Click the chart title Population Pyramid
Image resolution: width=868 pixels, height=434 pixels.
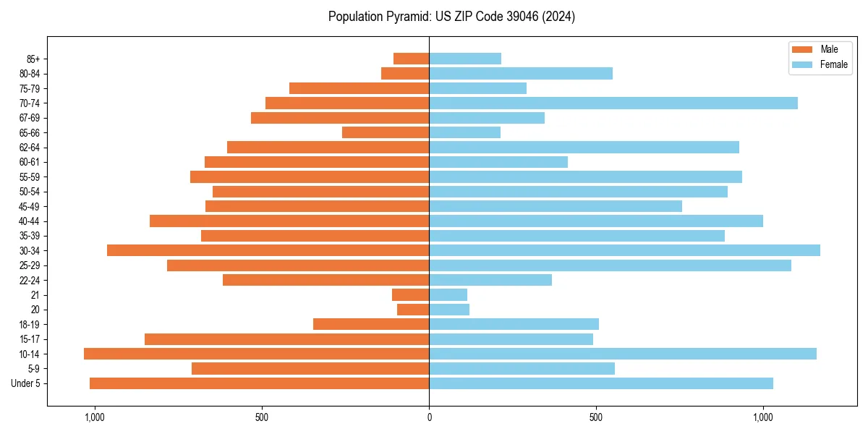[x=451, y=17]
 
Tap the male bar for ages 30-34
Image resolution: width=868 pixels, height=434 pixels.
[x=268, y=250]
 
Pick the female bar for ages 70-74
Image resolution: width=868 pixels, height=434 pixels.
[x=613, y=103]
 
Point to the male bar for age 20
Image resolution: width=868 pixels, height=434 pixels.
[x=413, y=310]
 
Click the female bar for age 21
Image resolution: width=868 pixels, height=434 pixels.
[x=448, y=295]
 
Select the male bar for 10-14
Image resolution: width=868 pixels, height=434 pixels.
[x=256, y=354]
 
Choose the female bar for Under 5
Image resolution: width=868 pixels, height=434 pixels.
[x=601, y=383]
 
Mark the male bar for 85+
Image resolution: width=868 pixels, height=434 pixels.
[x=411, y=59]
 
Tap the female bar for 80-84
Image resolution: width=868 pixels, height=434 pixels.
[x=521, y=73]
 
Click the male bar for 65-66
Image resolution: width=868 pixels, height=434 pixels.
[x=386, y=132]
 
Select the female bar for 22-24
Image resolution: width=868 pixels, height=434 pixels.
[x=490, y=280]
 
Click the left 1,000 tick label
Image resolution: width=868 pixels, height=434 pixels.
[x=95, y=417]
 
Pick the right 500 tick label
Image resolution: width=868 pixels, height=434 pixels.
[x=595, y=417]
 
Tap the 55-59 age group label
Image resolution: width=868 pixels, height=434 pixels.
[x=30, y=176]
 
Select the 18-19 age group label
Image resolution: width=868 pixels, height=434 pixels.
[x=30, y=324]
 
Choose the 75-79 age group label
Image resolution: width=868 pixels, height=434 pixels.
[x=30, y=88]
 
